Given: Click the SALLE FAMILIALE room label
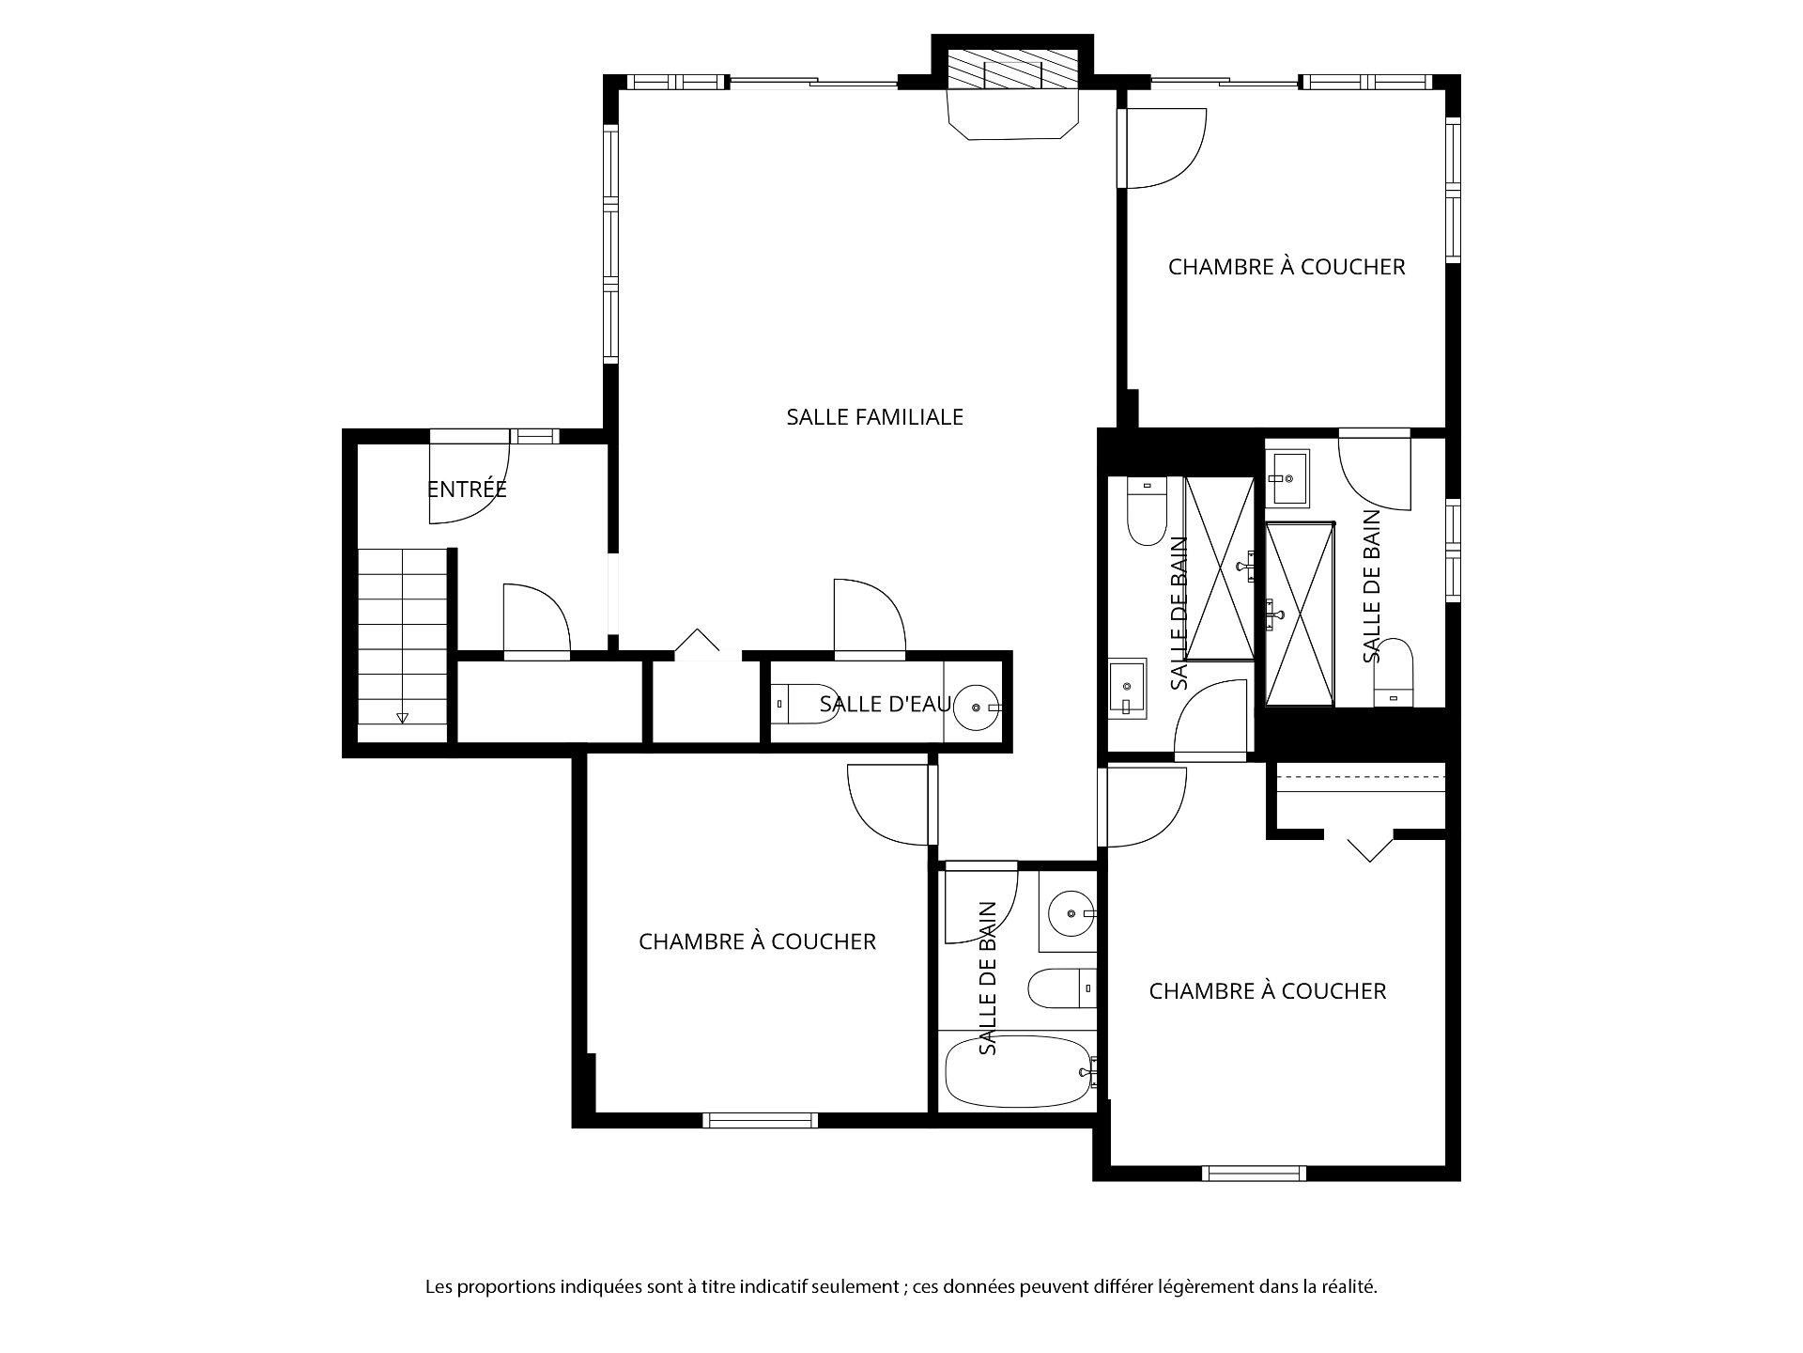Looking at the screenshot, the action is (874, 416).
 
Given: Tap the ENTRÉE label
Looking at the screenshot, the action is (467, 489).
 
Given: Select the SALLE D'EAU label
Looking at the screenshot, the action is (886, 704).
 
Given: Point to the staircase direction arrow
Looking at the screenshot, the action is (403, 717).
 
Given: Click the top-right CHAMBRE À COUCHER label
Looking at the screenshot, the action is (1287, 267).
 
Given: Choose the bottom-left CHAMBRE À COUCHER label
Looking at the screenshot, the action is (757, 941).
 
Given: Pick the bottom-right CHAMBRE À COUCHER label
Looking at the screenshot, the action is (1268, 991).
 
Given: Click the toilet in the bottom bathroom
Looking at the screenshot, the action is (1062, 988).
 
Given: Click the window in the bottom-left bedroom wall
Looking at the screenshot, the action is (760, 1119).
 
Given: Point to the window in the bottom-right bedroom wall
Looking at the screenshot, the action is (1254, 1173).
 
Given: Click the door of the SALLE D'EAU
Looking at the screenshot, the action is (870, 615).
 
